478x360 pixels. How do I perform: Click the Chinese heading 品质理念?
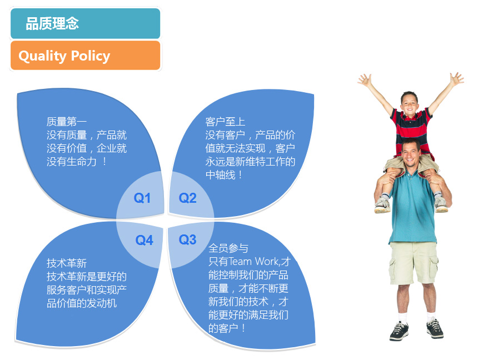[52, 23]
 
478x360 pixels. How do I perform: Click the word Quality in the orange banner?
[42, 56]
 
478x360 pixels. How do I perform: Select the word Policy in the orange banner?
[91, 56]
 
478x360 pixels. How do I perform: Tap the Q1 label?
[142, 198]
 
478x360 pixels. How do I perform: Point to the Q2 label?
[187, 198]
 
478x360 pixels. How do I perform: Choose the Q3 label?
[187, 239]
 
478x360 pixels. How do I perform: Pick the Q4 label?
[144, 240]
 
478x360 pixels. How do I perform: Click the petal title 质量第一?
[67, 122]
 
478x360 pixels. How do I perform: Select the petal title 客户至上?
[225, 122]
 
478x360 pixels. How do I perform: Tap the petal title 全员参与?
[228, 248]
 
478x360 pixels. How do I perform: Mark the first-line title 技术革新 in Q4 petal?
[67, 263]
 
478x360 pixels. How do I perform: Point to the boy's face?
[410, 103]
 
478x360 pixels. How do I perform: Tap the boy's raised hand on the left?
[365, 80]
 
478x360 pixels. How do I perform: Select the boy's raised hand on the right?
[456, 79]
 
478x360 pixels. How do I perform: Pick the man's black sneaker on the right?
[435, 328]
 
